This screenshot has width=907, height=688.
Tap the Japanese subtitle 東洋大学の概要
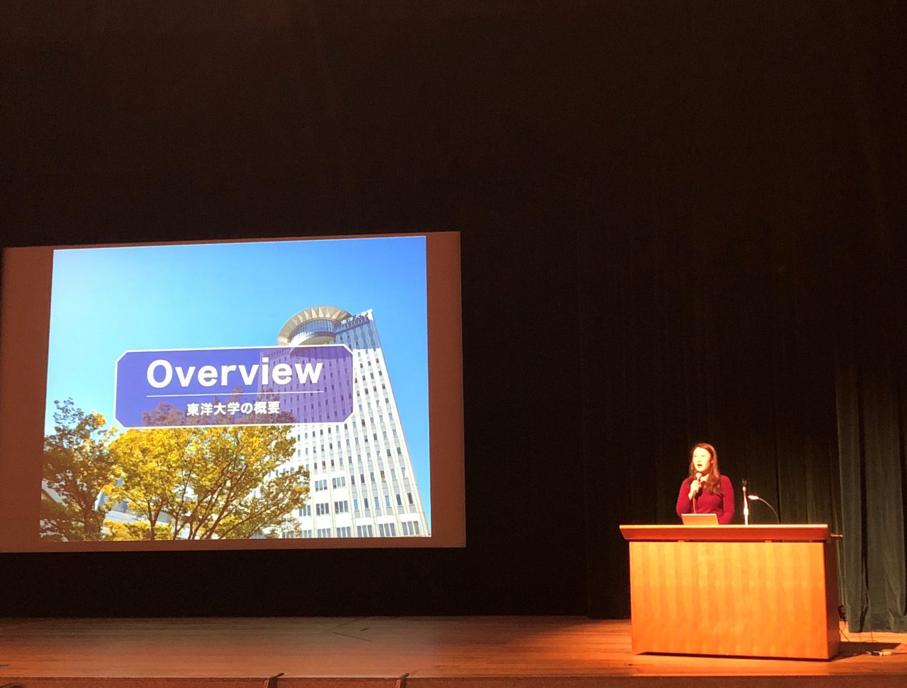tap(233, 408)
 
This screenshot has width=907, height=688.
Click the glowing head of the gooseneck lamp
tap(754, 497)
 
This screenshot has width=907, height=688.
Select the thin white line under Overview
tap(235, 394)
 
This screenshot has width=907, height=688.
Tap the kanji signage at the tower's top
tap(356, 315)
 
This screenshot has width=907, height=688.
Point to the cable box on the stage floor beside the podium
tap(881, 652)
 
